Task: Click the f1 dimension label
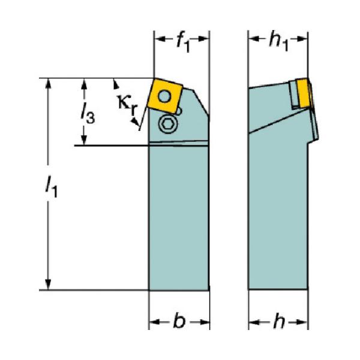pos(184,43)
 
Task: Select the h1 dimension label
pos(278,43)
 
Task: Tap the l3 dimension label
pos(88,113)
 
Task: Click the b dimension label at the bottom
pos(179,321)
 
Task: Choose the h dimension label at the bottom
pos(279,321)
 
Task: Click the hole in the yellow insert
pos(165,96)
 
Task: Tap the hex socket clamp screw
pos(168,124)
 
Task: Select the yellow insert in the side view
pos(303,93)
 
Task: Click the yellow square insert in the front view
pos(165,96)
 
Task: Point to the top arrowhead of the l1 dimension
pos(48,83)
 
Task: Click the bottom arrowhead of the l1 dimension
pos(48,284)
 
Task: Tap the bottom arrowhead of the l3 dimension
pos(84,140)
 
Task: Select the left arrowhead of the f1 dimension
pos(160,39)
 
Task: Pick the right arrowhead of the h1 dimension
pos(302,39)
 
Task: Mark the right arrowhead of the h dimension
pos(302,322)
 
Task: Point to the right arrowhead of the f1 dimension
pos(203,39)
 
